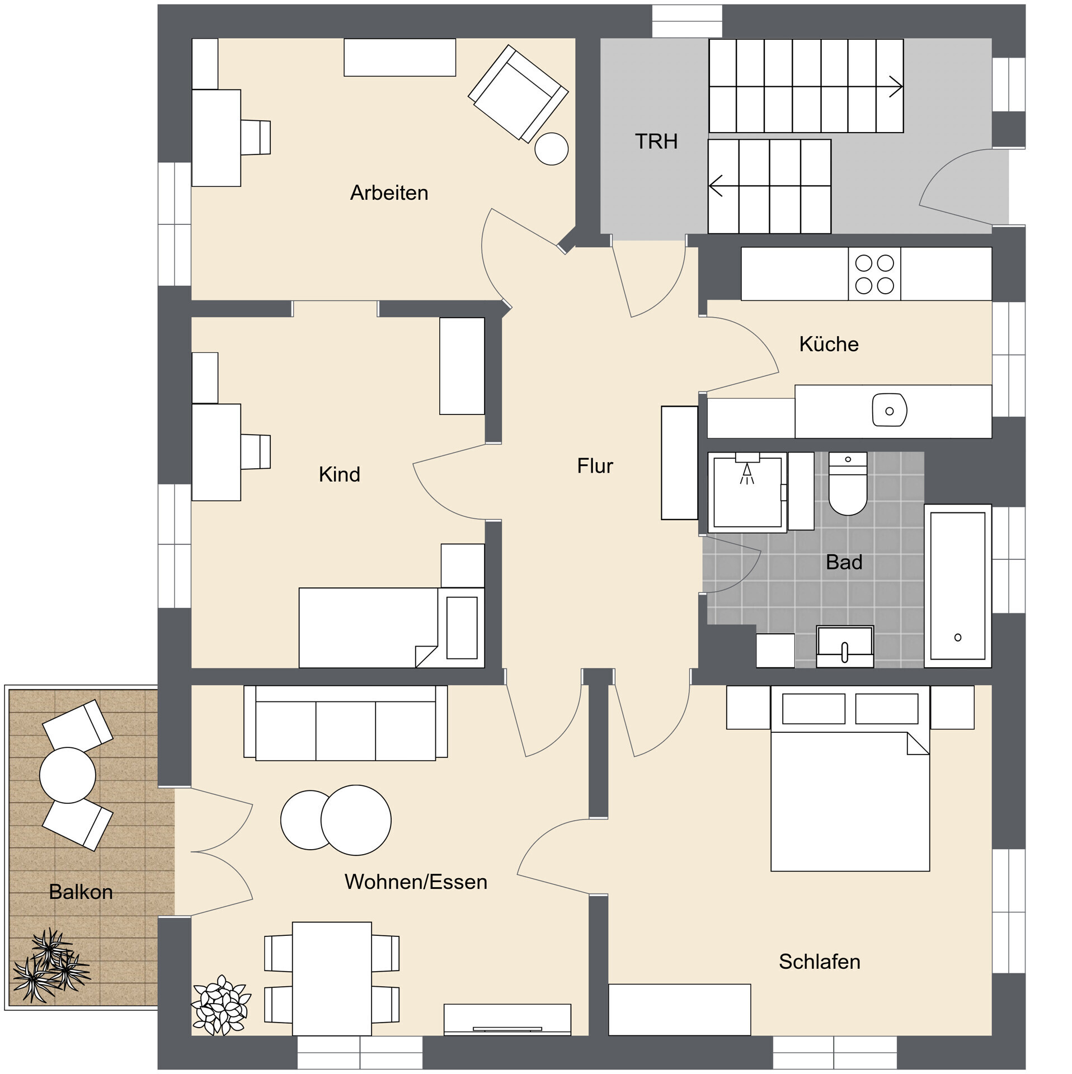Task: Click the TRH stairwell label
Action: click(656, 142)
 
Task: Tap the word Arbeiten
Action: click(389, 192)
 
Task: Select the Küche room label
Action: click(829, 344)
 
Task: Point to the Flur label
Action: click(595, 466)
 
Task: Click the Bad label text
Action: click(844, 562)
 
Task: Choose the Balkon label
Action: click(81, 892)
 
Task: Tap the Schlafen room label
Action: click(819, 962)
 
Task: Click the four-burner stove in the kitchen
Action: click(874, 274)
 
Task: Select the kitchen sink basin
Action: click(889, 411)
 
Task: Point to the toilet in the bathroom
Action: click(848, 483)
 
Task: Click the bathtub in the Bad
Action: click(957, 586)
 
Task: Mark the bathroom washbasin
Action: click(845, 646)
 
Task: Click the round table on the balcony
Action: click(68, 775)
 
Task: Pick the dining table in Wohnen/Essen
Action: click(332, 978)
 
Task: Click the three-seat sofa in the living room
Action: click(346, 723)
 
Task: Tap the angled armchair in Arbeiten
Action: click(518, 93)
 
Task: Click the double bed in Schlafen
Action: click(850, 778)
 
